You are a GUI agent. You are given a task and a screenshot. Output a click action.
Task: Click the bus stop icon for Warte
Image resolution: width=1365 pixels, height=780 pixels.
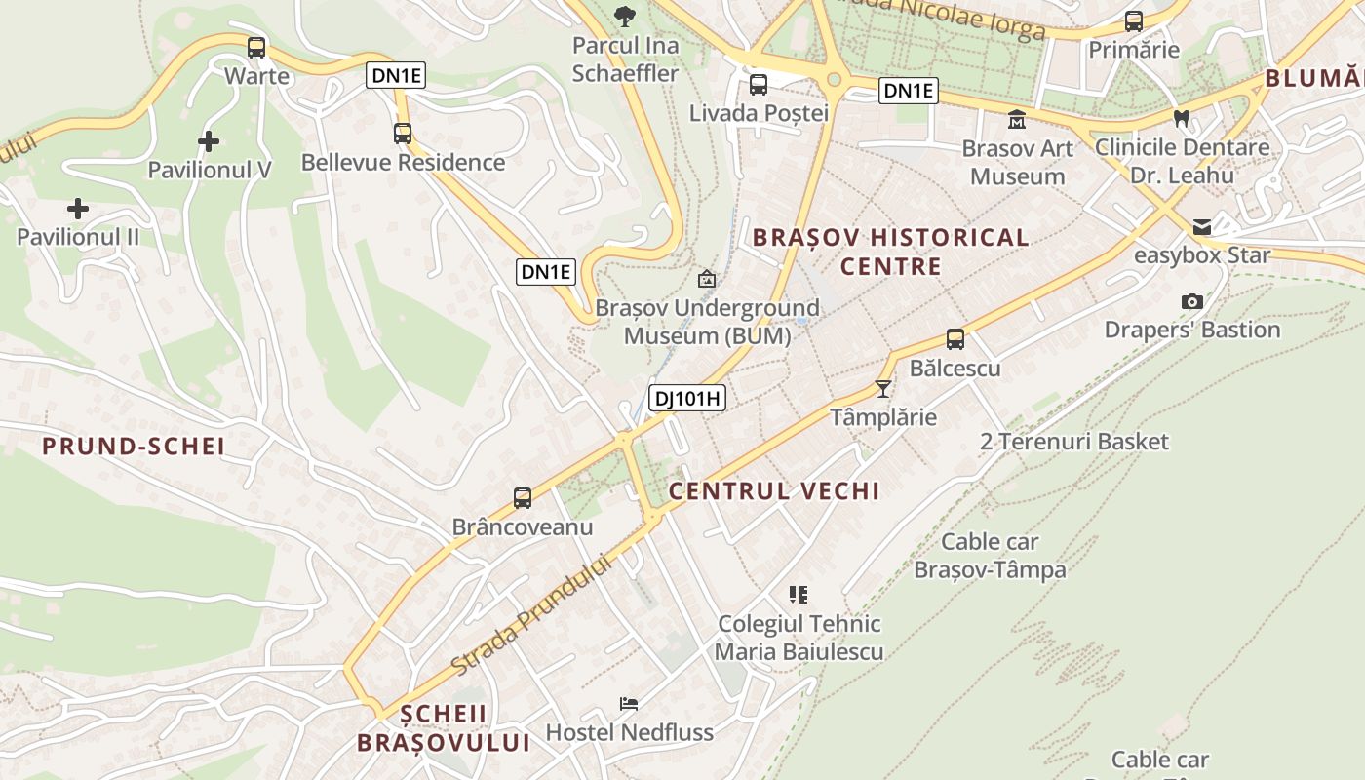point(256,47)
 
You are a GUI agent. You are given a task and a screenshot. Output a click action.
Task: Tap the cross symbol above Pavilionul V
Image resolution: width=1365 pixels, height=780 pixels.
point(208,142)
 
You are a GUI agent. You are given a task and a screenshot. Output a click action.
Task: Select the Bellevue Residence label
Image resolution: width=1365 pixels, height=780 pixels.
point(403,162)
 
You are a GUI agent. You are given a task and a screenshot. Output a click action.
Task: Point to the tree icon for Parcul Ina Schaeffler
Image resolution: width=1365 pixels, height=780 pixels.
point(624,16)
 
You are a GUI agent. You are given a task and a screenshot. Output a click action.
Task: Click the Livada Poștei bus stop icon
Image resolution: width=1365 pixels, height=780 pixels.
point(759,85)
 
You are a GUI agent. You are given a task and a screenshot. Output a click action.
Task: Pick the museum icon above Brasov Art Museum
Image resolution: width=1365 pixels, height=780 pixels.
point(1017,120)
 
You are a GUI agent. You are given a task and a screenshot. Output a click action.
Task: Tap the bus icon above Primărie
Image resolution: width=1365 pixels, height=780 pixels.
point(1133,21)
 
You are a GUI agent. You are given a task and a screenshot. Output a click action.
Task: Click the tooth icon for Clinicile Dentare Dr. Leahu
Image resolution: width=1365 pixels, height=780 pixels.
point(1182,119)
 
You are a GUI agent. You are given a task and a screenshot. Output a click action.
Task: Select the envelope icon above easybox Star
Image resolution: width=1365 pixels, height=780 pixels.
point(1201,227)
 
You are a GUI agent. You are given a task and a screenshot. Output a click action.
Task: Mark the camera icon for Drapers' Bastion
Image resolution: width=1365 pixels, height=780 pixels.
point(1191,301)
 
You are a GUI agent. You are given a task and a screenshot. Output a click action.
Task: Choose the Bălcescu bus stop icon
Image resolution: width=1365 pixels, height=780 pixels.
point(955,339)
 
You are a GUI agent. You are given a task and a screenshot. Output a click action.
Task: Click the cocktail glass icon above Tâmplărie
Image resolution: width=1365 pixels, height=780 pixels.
point(883,389)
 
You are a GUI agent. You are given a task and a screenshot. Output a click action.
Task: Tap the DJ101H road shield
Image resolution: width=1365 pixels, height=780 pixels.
point(687,397)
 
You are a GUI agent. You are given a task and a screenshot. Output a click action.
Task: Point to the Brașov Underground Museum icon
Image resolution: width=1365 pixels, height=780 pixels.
point(707,280)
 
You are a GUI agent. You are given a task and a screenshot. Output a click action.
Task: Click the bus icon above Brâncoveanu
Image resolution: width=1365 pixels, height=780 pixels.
point(523,498)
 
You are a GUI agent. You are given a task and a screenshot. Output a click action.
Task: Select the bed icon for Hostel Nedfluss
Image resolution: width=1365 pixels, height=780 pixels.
point(629,704)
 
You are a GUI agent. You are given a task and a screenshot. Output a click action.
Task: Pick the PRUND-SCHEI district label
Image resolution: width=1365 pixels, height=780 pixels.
point(134,447)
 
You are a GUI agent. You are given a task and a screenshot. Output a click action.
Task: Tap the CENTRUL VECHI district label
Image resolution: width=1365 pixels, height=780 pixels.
point(774,490)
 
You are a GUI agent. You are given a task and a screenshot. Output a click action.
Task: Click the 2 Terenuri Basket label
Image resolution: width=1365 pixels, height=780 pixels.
point(1073,442)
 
